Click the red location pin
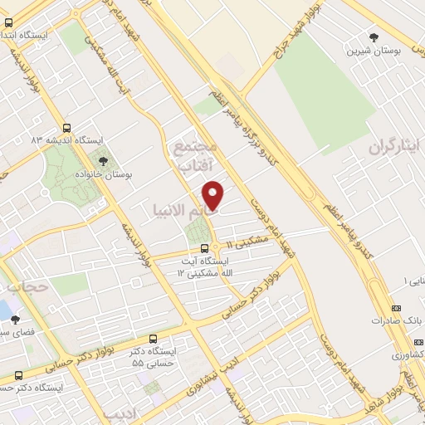(214, 194)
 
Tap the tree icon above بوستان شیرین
(374, 37)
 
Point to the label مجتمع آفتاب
(195, 155)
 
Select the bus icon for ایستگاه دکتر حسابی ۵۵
(153, 339)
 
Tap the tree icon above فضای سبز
(14, 319)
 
